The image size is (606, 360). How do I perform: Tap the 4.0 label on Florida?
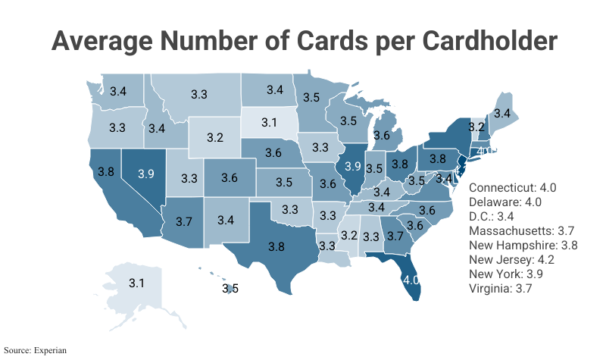point(411,280)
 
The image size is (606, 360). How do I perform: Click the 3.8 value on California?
point(106,171)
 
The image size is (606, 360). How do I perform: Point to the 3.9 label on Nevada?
point(145,174)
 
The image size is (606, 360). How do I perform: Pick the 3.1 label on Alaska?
point(136,283)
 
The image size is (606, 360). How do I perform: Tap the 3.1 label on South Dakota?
point(270,121)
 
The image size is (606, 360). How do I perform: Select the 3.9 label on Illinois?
point(352,165)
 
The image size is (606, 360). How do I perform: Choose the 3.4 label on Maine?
point(501,113)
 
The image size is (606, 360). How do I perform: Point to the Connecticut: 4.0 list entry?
point(513,187)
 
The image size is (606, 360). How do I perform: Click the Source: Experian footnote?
point(34,351)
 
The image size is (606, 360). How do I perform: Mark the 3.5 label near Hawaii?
point(230,288)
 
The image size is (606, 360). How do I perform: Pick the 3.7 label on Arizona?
point(183,221)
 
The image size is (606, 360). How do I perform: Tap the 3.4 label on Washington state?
point(118,91)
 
